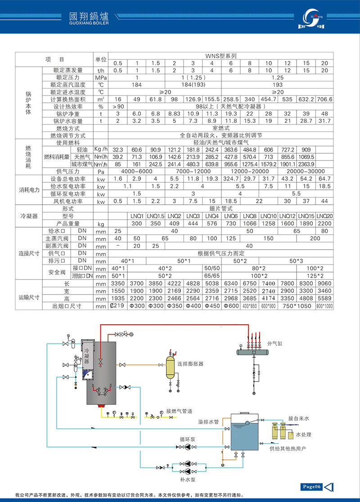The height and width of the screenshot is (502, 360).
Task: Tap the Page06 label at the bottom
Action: pyautogui.click(x=311, y=486)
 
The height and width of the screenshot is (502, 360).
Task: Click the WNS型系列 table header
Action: pyautogui.click(x=220, y=56)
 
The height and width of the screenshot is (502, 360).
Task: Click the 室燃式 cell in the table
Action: pyautogui.click(x=220, y=128)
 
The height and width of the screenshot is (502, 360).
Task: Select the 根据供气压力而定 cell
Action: pyautogui.click(x=220, y=253)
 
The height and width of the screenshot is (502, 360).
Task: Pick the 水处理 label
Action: pyautogui.click(x=303, y=435)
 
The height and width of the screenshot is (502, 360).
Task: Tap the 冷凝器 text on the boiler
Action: pyautogui.click(x=87, y=355)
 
